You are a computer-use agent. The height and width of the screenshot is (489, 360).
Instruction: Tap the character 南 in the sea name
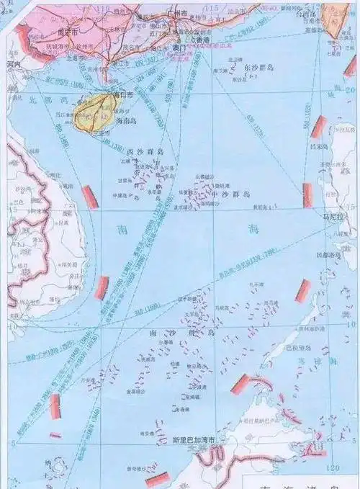click(x=120, y=229)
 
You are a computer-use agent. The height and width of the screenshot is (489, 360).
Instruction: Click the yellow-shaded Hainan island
click(x=102, y=115)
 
